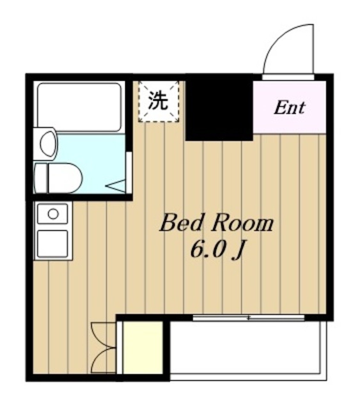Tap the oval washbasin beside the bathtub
tap(48, 144)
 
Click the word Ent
tap(289, 107)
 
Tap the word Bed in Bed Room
tap(177, 224)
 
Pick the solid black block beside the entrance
tap(219, 107)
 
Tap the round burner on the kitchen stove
tap(53, 213)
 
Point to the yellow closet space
tap(143, 348)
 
